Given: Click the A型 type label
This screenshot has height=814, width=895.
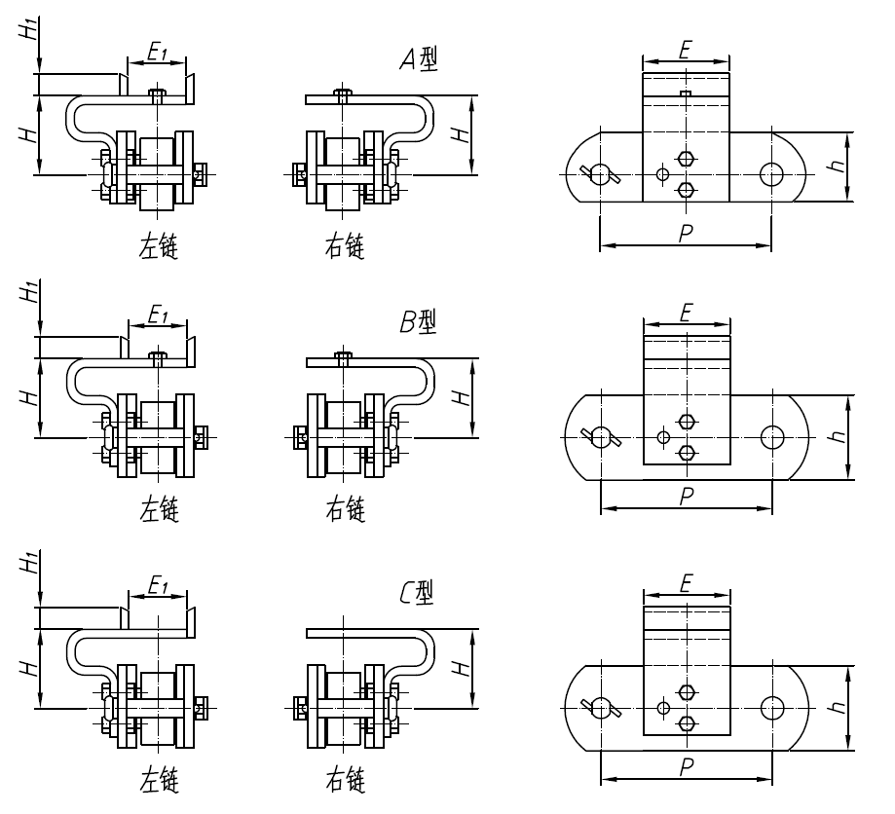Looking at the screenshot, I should [x=419, y=61].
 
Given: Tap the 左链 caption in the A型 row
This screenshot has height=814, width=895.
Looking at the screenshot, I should [x=158, y=247].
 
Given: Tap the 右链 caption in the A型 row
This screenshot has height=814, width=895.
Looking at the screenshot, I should [x=345, y=247].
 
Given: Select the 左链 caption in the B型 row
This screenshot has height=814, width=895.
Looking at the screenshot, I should [x=158, y=509].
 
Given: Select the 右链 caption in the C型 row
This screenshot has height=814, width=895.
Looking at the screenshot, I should [x=345, y=779].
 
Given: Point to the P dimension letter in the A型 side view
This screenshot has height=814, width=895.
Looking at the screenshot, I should [x=686, y=234].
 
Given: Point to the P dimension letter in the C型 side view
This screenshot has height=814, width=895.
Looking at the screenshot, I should [x=686, y=767].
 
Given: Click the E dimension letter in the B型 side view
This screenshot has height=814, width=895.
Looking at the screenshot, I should [x=686, y=313].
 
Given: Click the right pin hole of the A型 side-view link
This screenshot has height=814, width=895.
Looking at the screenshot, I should [x=771, y=174].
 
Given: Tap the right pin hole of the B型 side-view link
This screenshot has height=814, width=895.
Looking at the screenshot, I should [x=771, y=436].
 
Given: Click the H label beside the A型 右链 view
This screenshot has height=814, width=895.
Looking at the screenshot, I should [x=464, y=133].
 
